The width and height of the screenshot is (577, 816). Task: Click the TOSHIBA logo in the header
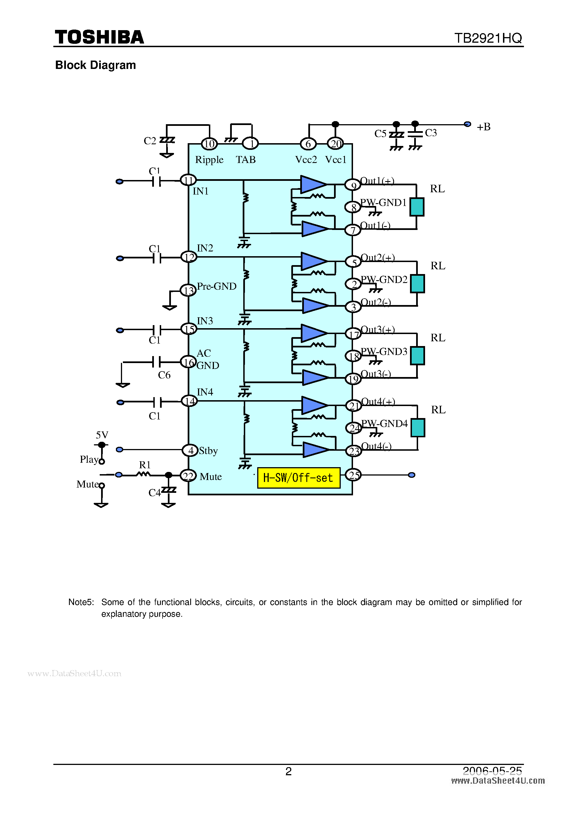[99, 37]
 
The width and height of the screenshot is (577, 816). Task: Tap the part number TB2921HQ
[488, 38]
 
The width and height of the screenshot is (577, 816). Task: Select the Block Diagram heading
[95, 65]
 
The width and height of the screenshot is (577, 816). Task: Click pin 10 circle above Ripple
[209, 144]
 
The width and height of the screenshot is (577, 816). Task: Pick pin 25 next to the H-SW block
[354, 475]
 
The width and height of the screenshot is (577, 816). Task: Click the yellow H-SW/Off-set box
[299, 478]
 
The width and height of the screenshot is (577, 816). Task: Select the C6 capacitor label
[164, 375]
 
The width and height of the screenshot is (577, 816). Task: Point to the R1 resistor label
[145, 464]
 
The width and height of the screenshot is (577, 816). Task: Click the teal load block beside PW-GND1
[417, 207]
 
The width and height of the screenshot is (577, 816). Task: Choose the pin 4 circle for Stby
[190, 450]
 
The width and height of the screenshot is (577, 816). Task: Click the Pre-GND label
[217, 286]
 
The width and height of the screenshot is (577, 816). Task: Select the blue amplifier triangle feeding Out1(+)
[312, 184]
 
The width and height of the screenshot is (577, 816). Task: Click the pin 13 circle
[188, 290]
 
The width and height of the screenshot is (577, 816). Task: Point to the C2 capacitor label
[150, 141]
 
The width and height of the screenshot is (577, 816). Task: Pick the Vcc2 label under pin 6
[306, 160]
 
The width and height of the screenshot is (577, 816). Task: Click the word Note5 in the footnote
[81, 602]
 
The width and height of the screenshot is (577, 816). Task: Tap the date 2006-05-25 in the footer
[492, 771]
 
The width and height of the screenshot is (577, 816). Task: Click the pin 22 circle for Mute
[188, 476]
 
